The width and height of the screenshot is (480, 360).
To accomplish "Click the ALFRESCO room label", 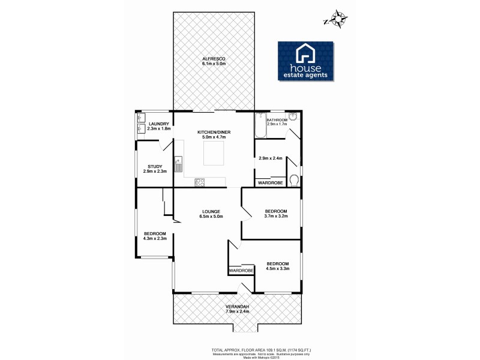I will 213,58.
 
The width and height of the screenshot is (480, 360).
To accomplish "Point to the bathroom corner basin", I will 293,117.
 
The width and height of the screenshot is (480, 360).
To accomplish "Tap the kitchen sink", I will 178,163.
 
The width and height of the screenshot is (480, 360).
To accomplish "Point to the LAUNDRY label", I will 158,124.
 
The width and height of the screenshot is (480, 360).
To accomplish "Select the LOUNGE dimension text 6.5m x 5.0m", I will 211,217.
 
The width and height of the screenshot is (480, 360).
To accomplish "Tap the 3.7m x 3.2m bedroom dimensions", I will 277,217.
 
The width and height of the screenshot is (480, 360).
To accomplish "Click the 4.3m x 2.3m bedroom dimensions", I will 154,238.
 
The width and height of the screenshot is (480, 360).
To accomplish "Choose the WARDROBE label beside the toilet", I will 269,182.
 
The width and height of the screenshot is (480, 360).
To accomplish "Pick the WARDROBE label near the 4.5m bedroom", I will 241,271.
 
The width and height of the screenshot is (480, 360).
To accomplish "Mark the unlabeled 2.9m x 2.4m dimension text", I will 270,158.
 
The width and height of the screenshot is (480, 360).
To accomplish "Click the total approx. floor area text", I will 260,349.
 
